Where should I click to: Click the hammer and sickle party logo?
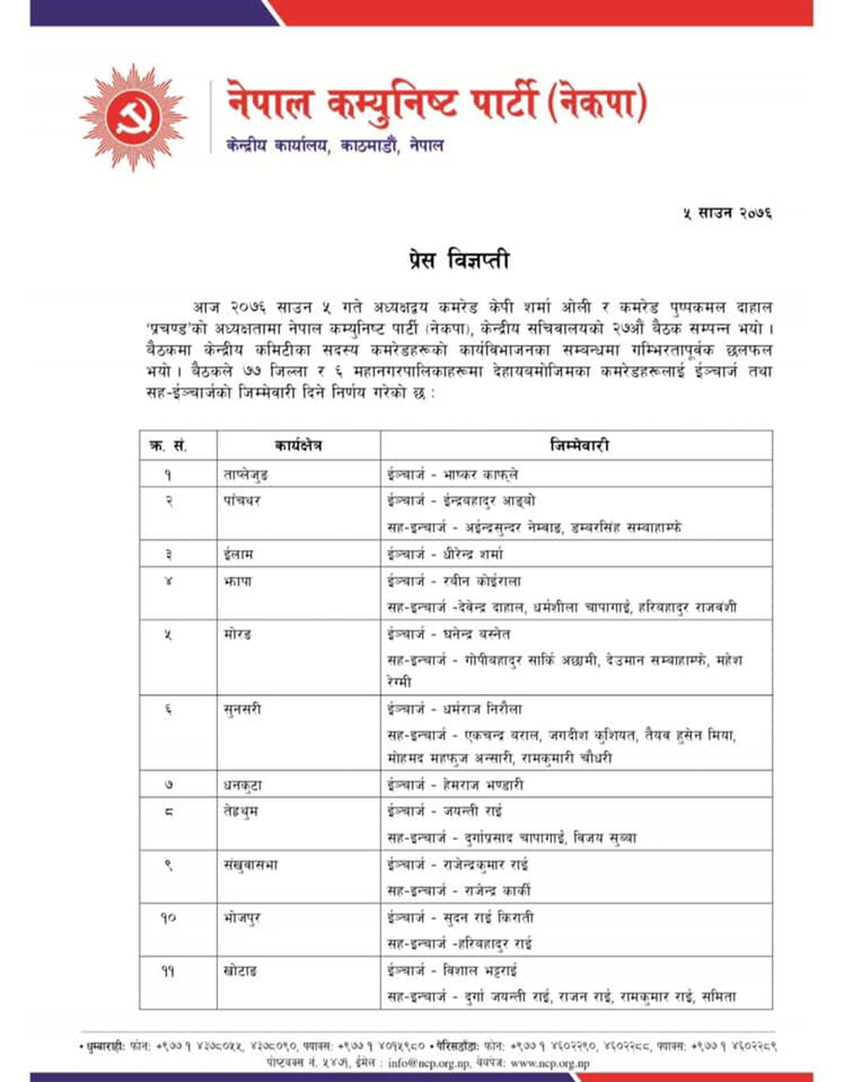133,117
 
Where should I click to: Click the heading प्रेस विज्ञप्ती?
457,261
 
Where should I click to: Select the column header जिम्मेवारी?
578,444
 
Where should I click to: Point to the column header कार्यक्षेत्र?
298,444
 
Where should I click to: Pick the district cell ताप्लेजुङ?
246,475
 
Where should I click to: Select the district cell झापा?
238,581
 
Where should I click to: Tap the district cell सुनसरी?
243,709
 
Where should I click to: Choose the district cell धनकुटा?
243,784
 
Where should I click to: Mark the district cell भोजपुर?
244,918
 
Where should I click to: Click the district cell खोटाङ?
241,971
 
